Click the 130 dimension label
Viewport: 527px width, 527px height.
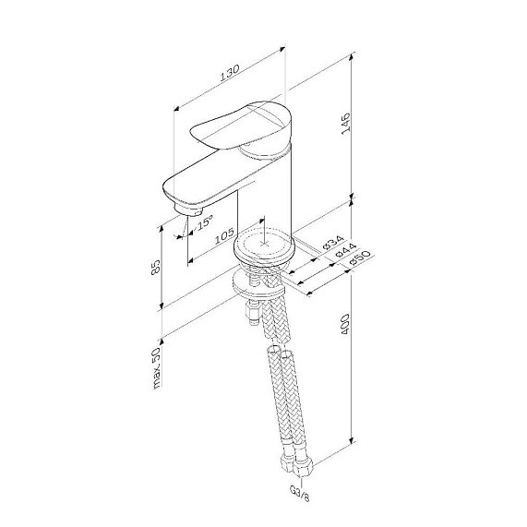coord(230,73)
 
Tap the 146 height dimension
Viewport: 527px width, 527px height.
coord(345,124)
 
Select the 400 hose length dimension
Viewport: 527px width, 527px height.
coord(345,324)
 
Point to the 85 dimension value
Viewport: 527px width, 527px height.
coord(156,268)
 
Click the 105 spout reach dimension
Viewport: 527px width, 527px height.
coord(224,235)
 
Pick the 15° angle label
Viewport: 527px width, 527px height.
coord(204,222)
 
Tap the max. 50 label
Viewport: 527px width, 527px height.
coord(156,367)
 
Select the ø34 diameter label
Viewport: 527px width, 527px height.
coord(333,243)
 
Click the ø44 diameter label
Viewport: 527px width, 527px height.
coord(345,250)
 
